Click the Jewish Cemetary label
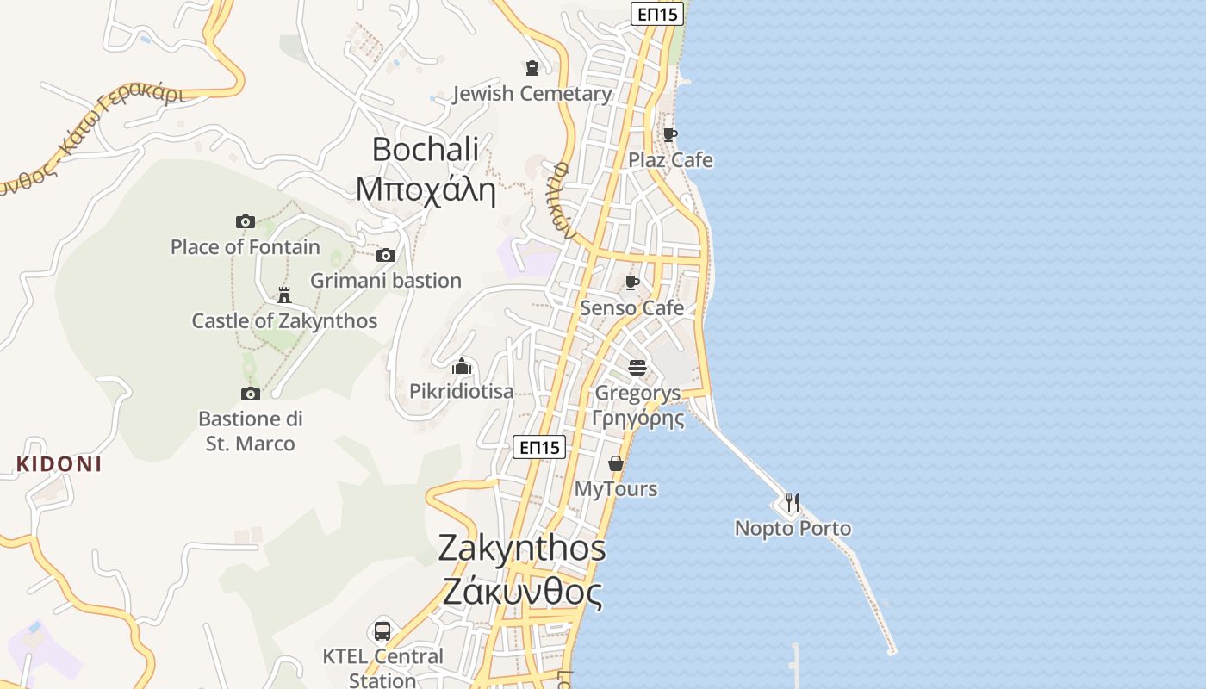pyautogui.click(x=532, y=94)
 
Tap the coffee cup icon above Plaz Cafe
pyautogui.click(x=669, y=134)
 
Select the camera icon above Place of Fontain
pyautogui.click(x=246, y=221)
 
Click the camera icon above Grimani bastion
pyautogui.click(x=386, y=255)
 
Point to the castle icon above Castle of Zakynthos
pyautogui.click(x=283, y=295)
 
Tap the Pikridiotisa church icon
pyautogui.click(x=462, y=367)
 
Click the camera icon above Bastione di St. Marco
pyautogui.click(x=251, y=394)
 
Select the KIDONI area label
pyautogui.click(x=59, y=464)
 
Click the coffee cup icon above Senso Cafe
pyautogui.click(x=632, y=282)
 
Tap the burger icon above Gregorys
pyautogui.click(x=637, y=368)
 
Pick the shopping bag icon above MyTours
pyautogui.click(x=616, y=463)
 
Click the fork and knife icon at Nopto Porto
pyautogui.click(x=793, y=502)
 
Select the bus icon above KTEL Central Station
pyautogui.click(x=382, y=630)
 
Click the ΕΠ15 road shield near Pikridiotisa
pyautogui.click(x=539, y=447)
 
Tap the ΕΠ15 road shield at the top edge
pyautogui.click(x=658, y=14)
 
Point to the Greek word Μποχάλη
pyautogui.click(x=426, y=189)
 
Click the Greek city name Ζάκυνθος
pyautogui.click(x=522, y=593)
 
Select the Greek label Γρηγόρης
pyautogui.click(x=637, y=419)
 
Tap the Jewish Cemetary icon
pyautogui.click(x=532, y=67)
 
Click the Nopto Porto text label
pyautogui.click(x=793, y=528)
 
